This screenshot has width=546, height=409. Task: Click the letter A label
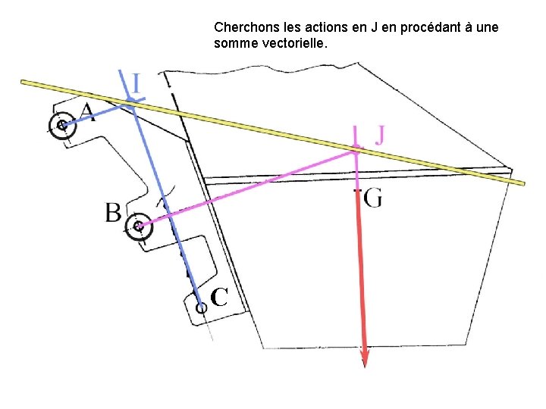click(x=87, y=113)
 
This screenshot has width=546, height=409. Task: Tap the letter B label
click(x=113, y=212)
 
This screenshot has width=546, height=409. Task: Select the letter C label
click(x=219, y=298)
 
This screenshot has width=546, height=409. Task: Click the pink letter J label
click(x=380, y=135)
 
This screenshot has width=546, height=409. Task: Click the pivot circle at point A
click(x=61, y=126)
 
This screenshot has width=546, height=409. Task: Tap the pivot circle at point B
click(x=137, y=226)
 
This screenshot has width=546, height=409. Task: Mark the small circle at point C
click(x=201, y=308)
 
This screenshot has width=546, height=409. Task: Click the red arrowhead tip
click(x=365, y=365)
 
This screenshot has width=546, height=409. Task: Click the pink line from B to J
click(x=243, y=187)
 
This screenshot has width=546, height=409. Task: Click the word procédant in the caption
click(x=423, y=27)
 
